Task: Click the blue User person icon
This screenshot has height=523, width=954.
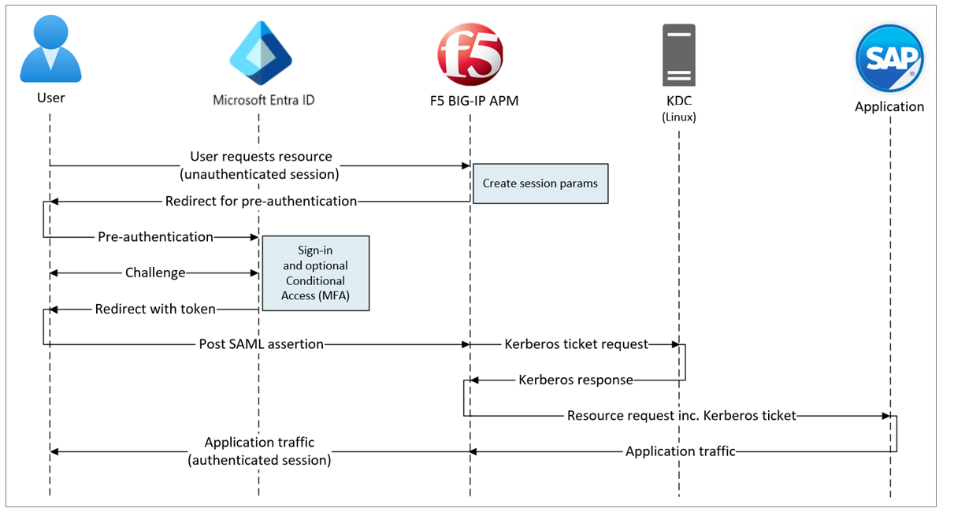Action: (50, 51)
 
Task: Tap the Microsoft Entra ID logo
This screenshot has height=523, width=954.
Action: (260, 54)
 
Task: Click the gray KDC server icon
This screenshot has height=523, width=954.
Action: (678, 54)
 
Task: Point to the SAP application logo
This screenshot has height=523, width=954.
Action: (889, 59)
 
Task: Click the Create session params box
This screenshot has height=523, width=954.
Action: (540, 184)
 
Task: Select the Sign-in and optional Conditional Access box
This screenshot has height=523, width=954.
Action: (315, 273)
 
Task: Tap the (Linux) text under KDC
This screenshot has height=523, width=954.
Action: (678, 117)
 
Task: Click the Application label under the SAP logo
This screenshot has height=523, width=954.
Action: (889, 106)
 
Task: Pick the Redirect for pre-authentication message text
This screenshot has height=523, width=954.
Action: (261, 201)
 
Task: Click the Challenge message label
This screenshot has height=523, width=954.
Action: (155, 273)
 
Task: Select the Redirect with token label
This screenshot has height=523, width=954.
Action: (155, 309)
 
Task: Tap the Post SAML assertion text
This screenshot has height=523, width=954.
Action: (261, 344)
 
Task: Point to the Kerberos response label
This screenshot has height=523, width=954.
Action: (575, 380)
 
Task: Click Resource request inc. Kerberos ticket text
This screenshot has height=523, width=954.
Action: (681, 415)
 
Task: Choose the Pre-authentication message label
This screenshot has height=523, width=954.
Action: (155, 236)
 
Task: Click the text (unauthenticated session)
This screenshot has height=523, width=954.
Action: (261, 173)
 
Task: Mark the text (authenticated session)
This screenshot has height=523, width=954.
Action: (259, 460)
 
